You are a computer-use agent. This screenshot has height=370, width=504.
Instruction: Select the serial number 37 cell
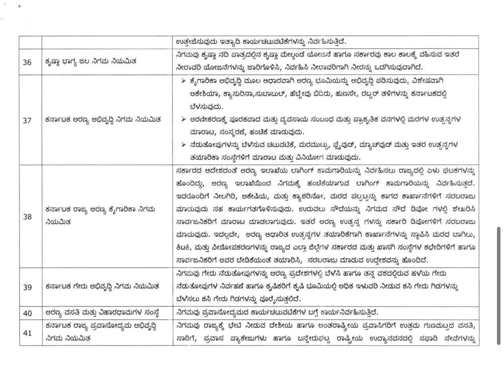(x=27, y=120)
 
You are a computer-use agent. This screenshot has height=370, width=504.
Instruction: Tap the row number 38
(x=27, y=216)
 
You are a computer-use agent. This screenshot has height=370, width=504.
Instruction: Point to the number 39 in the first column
(x=27, y=287)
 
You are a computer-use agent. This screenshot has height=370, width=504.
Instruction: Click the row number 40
(x=27, y=313)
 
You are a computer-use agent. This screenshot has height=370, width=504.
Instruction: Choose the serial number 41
(x=27, y=332)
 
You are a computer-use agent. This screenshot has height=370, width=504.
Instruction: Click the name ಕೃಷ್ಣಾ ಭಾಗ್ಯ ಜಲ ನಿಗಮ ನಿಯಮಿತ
(x=91, y=61)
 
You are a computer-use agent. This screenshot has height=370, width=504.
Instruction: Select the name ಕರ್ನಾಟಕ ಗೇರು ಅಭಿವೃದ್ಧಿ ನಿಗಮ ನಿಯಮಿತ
(x=102, y=287)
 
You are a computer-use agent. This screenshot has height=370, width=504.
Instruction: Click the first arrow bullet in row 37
(x=184, y=81)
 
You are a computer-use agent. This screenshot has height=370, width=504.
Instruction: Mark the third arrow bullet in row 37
(x=184, y=145)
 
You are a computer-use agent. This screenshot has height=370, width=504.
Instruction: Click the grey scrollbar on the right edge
(x=499, y=286)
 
